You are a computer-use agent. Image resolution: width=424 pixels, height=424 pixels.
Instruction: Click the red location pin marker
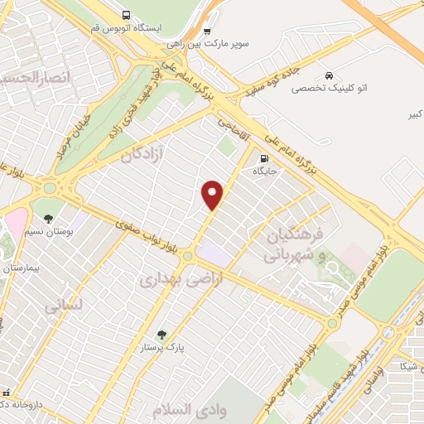[x=213, y=195]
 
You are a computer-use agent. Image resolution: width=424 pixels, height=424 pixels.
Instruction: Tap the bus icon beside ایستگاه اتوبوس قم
[x=126, y=15]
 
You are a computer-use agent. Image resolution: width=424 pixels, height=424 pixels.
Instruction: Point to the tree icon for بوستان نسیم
[x=50, y=219]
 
